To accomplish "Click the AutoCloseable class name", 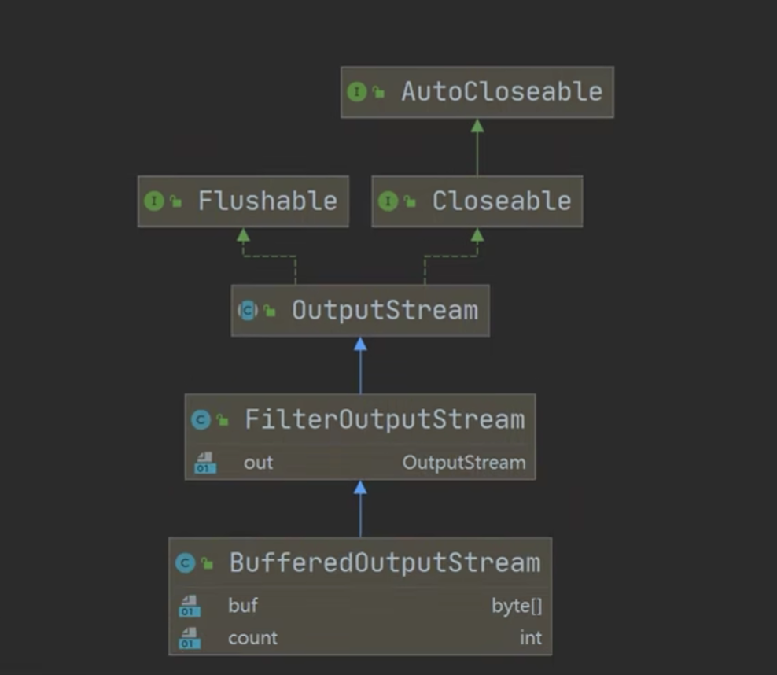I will click(501, 91).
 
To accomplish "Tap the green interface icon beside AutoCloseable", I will click(358, 92).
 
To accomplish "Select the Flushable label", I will click(267, 201).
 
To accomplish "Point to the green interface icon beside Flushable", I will click(154, 201).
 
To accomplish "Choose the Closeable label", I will click(501, 201).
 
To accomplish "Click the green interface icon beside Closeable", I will click(388, 201).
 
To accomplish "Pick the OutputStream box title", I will click(385, 310).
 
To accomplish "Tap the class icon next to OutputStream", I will click(248, 311).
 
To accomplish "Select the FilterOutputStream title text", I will click(385, 419).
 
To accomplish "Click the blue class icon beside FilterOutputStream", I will click(201, 420).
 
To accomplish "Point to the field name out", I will click(258, 463).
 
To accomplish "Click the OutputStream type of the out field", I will click(464, 463).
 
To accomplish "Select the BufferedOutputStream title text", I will click(385, 562).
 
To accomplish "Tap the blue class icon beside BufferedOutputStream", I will click(186, 563).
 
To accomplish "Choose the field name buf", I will click(243, 606).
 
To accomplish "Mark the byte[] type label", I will click(517, 606).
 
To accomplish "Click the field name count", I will click(252, 637).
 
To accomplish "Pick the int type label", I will click(531, 637).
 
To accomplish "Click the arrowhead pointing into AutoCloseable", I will click(477, 126).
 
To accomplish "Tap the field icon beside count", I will click(190, 638).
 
